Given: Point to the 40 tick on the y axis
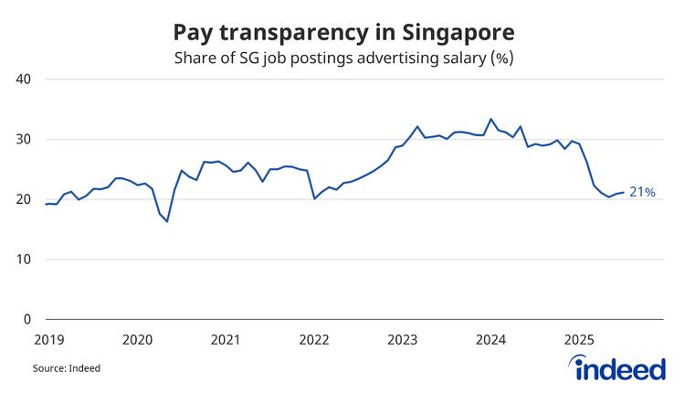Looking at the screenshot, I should (x=24, y=80).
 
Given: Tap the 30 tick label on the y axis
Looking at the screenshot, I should (x=24, y=140).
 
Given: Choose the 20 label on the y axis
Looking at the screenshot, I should (x=24, y=199).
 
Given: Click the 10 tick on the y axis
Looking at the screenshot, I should (x=24, y=260).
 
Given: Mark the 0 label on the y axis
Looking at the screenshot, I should (x=27, y=320).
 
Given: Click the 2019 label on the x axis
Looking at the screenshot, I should (x=48, y=340).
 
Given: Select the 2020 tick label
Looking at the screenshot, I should (x=137, y=340).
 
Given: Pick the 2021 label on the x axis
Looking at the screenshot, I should (x=226, y=340).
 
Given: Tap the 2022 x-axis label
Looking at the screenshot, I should (x=314, y=340).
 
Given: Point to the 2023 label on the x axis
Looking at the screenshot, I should (x=403, y=340).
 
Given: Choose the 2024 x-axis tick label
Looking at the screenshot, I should (x=491, y=340).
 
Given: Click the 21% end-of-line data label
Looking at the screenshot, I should (x=643, y=193).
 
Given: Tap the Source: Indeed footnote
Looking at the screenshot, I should (x=67, y=368).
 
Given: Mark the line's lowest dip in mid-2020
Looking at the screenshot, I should (x=167, y=221).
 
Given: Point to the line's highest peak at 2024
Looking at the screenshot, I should (x=491, y=119).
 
